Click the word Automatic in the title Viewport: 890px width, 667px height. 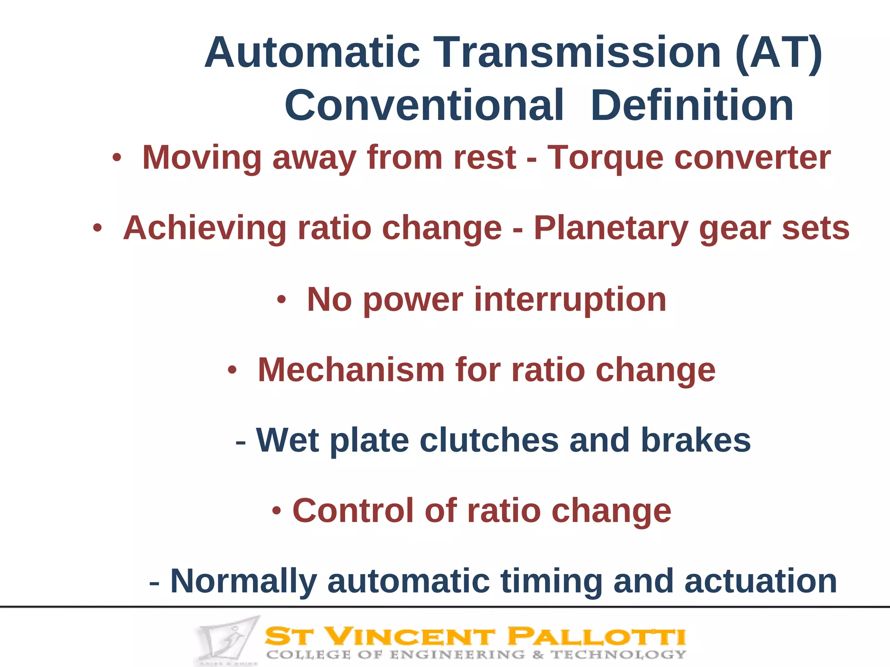(312, 53)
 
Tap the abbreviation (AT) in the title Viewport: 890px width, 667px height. (778, 53)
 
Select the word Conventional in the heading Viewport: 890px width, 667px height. (424, 106)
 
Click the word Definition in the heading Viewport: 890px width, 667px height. (692, 106)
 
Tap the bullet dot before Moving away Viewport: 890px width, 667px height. (116, 158)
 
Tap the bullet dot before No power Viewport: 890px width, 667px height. (281, 300)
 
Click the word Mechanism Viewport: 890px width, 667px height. (351, 370)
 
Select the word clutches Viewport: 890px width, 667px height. (489, 440)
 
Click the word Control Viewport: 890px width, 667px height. (352, 511)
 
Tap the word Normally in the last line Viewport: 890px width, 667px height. (243, 582)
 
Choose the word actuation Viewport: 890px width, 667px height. (760, 582)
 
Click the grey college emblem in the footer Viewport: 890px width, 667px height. (226, 640)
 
